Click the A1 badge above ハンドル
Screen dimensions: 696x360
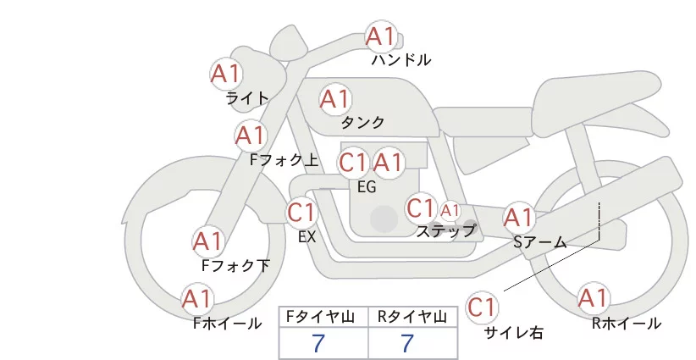tap(381, 36)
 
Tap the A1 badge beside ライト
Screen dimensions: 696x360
tap(226, 74)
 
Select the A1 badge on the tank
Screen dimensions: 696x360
tap(335, 99)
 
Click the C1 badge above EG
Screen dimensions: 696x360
tap(353, 163)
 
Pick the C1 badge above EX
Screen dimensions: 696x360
tap(301, 212)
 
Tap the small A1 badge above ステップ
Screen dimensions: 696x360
tap(450, 211)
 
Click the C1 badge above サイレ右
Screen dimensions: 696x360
tap(482, 307)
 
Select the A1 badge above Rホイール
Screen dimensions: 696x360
tap(593, 298)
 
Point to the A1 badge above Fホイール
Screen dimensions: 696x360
tap(197, 299)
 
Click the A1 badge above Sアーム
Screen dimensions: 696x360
tap(519, 218)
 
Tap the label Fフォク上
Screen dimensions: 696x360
tap(284, 160)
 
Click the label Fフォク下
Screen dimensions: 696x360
tap(235, 265)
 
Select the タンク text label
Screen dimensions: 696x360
tap(362, 122)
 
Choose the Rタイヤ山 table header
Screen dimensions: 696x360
tap(412, 317)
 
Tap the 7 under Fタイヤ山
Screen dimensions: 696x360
tap(318, 344)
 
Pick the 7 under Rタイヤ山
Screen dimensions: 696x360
tap(407, 344)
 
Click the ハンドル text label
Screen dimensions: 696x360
tap(401, 59)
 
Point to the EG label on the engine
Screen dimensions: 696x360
tap(367, 187)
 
